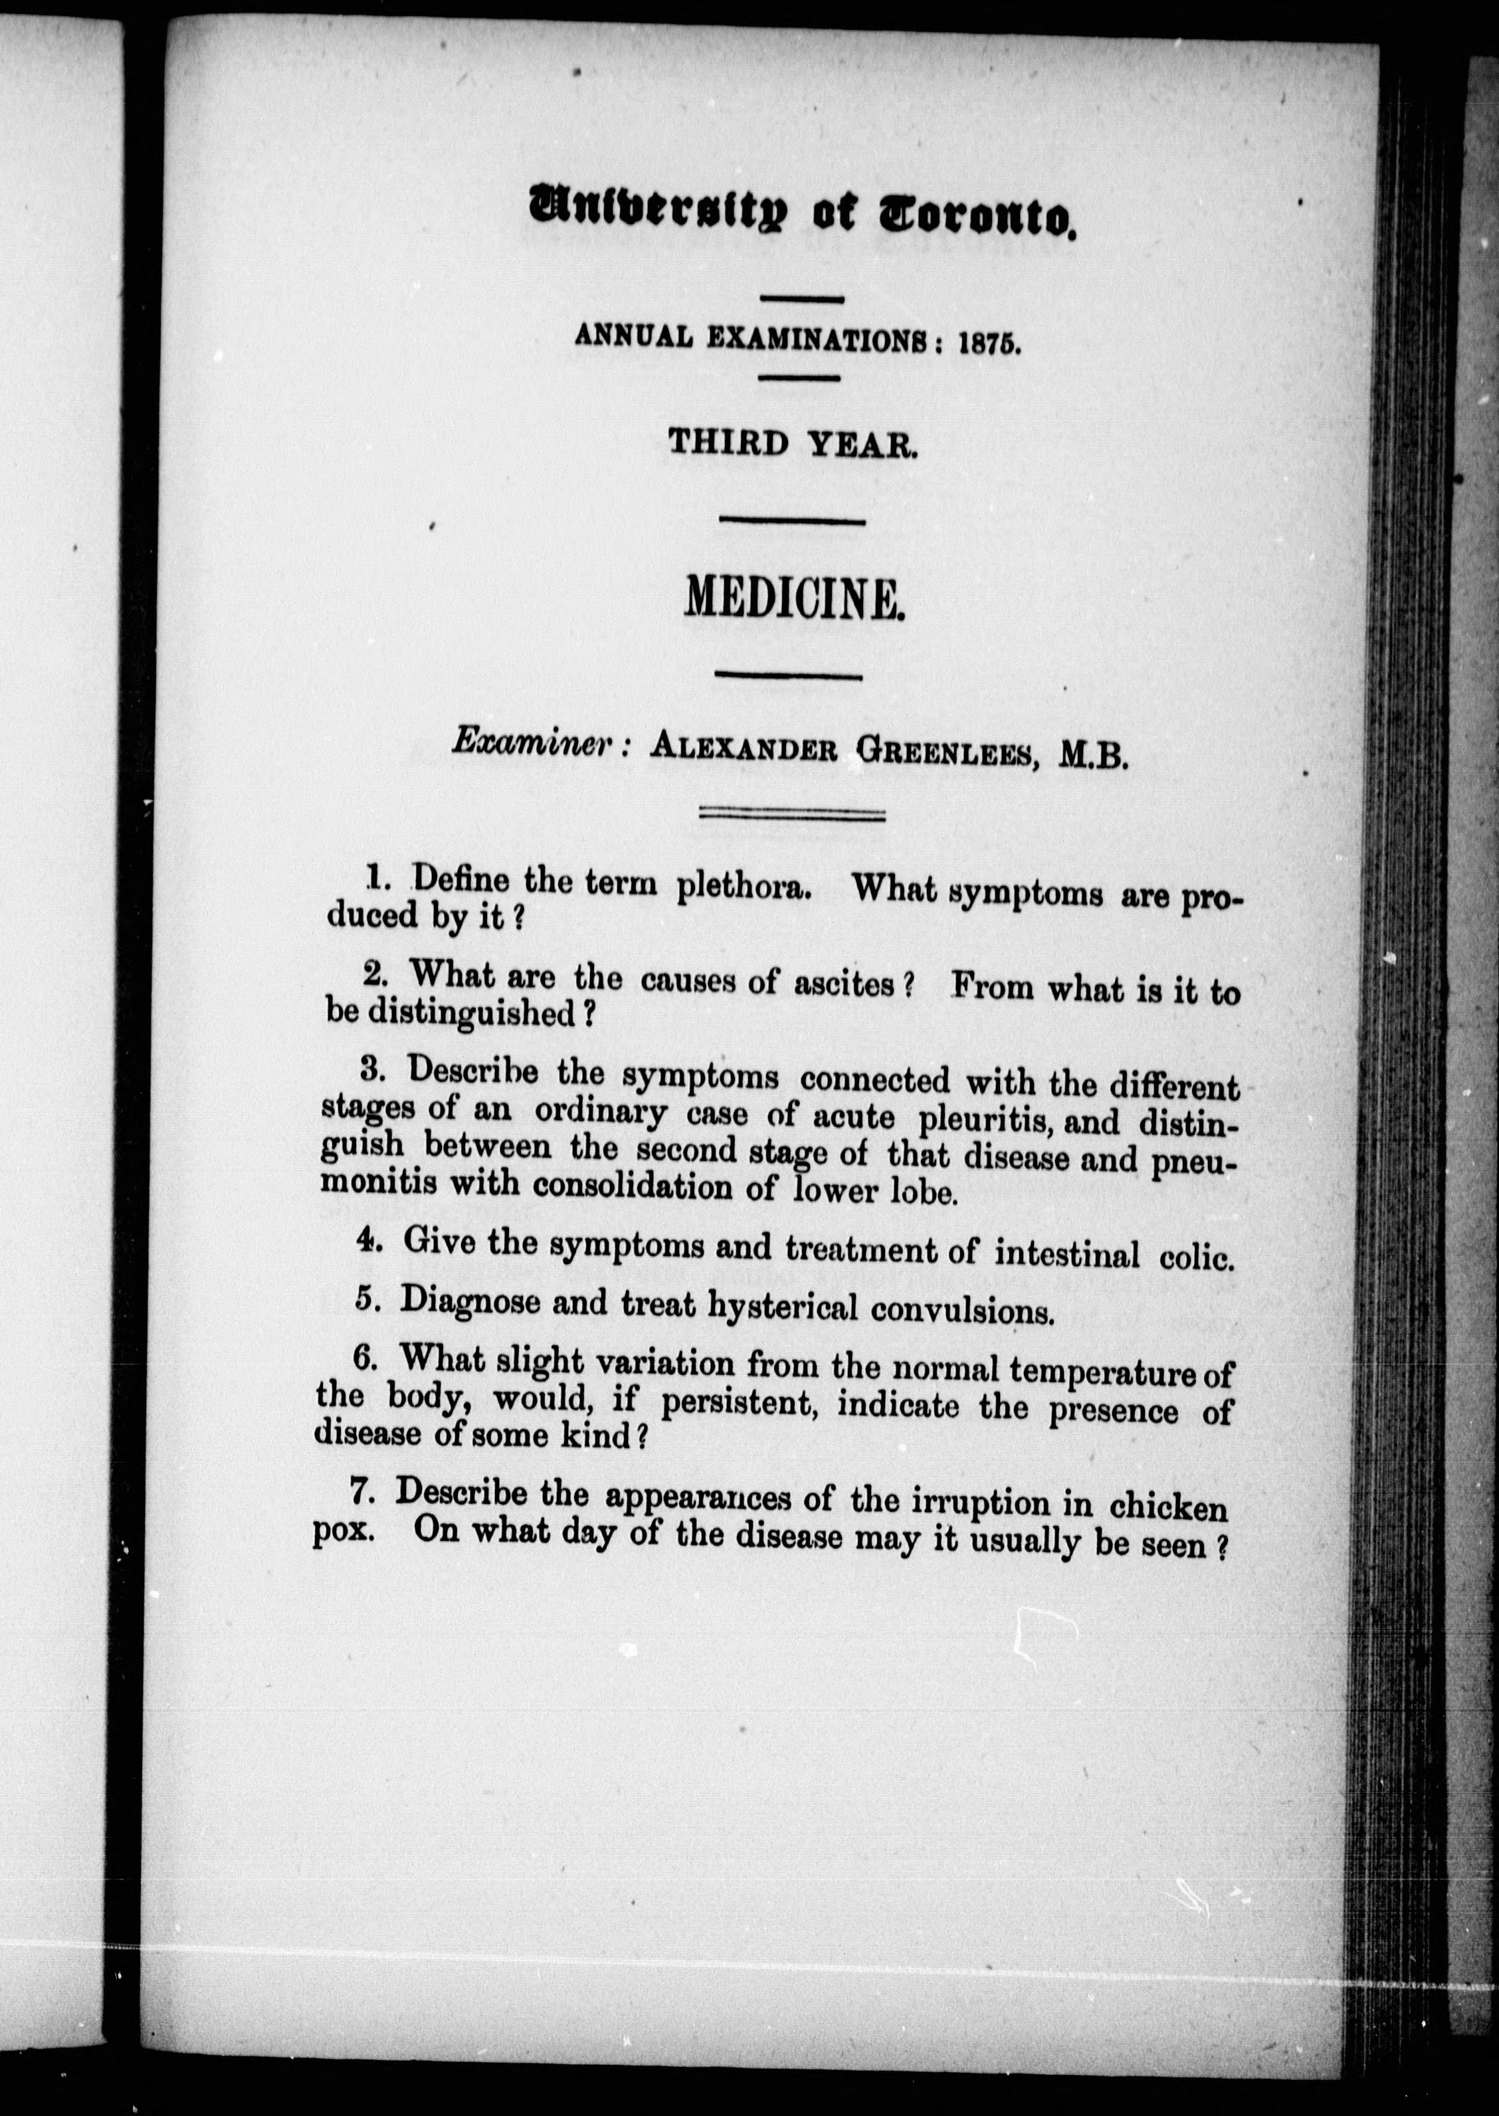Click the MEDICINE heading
[x=793, y=600]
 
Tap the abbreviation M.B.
[x=1094, y=757]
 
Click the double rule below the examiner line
[x=792, y=815]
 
